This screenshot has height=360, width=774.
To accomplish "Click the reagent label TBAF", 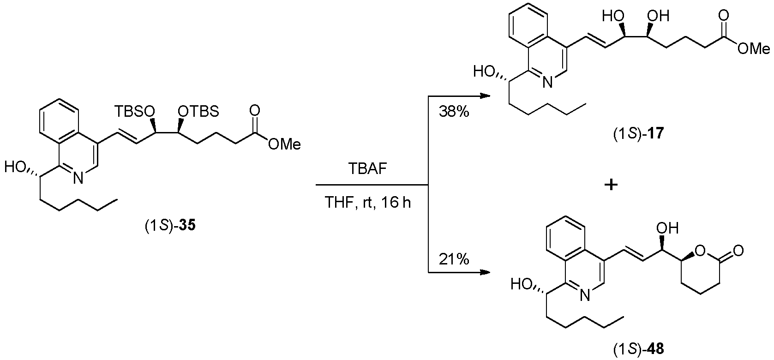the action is [x=367, y=168].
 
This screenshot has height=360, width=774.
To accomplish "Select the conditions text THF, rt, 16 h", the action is [x=368, y=203].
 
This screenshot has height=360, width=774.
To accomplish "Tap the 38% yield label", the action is [x=454, y=112].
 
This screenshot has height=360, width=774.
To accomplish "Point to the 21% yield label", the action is [x=454, y=259].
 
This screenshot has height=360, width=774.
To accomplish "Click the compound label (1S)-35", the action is [x=170, y=226].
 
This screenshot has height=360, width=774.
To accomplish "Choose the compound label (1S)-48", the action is [x=639, y=350].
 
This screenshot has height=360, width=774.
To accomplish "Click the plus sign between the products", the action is [x=611, y=185].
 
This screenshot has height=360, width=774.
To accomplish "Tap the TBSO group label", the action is [x=135, y=112].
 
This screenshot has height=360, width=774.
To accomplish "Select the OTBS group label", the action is [x=198, y=112].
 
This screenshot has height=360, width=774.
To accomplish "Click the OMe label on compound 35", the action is [x=284, y=144].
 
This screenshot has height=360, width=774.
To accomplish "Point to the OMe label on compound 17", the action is [x=754, y=49].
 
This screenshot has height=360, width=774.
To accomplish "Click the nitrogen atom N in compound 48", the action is [x=585, y=295].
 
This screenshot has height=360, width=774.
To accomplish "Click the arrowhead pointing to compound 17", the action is [x=486, y=96].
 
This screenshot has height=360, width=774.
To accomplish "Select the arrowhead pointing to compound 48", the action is [x=486, y=273].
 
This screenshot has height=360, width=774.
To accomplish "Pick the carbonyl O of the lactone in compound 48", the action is [x=738, y=251].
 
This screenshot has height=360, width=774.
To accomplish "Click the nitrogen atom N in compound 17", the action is [x=547, y=82].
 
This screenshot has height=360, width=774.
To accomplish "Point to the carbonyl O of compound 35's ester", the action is [x=255, y=111].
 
